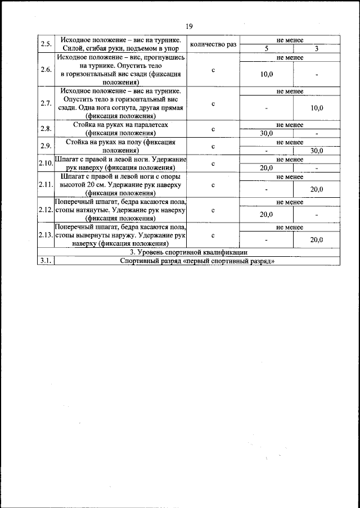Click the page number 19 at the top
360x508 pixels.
coord(188,26)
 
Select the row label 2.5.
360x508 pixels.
coord(46,45)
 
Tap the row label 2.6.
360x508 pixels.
coord(46,70)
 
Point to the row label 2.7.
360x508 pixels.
coord(46,103)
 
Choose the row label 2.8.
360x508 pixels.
coord(46,129)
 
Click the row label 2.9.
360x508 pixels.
coord(46,146)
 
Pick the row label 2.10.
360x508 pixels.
coord(46,164)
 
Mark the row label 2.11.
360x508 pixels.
coord(46,185)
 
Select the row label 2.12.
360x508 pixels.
coord(46,210)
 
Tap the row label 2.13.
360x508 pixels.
coord(46,235)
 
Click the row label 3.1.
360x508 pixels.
coord(46,261)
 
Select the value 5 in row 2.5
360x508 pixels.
coord(267,49)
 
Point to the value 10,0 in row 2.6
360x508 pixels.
coord(267,74)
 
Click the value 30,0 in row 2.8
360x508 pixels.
coord(267,133)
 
